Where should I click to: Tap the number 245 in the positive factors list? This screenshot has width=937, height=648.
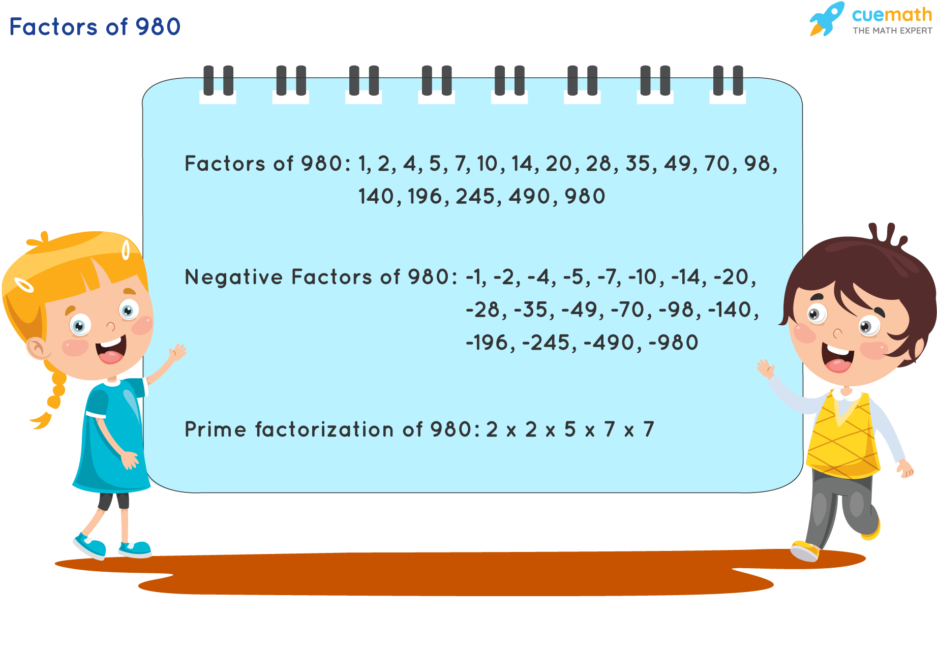(475, 197)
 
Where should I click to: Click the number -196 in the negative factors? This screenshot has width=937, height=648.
(487, 343)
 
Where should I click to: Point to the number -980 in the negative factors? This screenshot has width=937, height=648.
(674, 343)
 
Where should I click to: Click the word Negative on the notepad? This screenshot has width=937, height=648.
(233, 277)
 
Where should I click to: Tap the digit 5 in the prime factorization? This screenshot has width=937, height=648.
(570, 429)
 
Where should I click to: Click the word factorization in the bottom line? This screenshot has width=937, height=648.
(324, 429)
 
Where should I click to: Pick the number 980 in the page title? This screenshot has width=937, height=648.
(158, 27)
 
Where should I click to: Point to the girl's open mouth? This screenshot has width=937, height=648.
(111, 351)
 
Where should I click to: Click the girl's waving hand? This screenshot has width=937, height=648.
(177, 351)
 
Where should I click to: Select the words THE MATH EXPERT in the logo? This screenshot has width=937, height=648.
(892, 30)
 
